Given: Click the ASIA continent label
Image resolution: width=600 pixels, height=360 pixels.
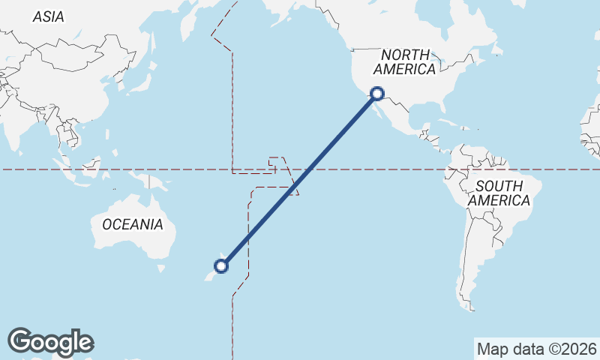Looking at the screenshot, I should [x=48, y=16].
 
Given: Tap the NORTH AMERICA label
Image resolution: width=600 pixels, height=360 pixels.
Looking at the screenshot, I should [x=406, y=62].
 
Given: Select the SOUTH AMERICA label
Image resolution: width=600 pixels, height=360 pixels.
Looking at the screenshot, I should [x=499, y=193].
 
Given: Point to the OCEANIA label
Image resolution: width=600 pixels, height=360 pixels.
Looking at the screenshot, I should [x=132, y=224].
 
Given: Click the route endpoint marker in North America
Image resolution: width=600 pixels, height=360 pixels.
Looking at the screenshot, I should [x=377, y=94].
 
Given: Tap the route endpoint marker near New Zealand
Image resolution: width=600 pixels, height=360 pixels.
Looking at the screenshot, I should [x=221, y=265].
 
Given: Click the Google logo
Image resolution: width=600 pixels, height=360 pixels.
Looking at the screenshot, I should [x=50, y=342].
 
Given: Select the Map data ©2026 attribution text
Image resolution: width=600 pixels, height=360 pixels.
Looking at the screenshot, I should [x=537, y=349].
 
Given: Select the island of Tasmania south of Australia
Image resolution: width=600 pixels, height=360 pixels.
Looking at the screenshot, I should [x=159, y=268].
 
